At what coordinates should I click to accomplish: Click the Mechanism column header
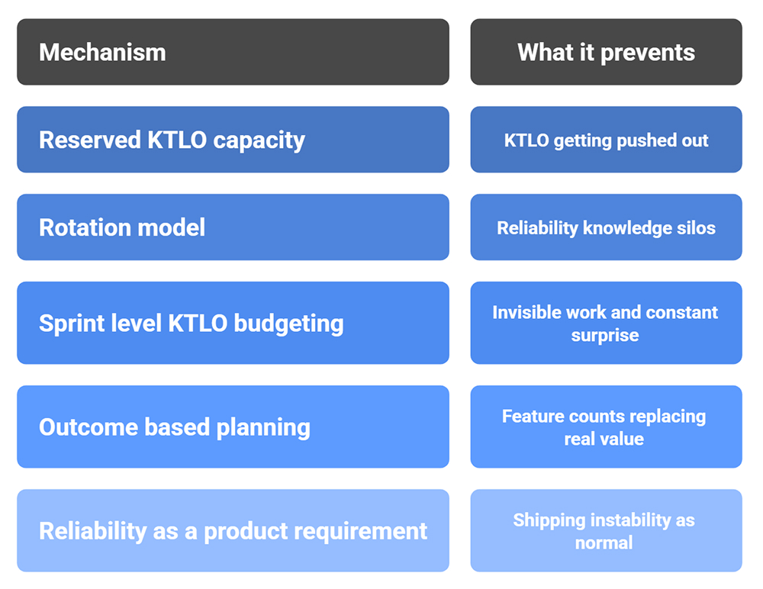(233, 52)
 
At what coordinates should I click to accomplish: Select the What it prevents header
(606, 52)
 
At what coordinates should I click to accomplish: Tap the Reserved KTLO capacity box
(233, 140)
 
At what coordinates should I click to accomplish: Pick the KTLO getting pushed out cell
(606, 140)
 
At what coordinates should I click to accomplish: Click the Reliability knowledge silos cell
(606, 227)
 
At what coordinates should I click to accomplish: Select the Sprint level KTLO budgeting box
(233, 323)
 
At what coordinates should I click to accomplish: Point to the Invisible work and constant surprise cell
(606, 323)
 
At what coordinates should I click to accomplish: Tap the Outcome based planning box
(233, 426)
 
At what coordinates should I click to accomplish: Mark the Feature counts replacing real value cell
(606, 426)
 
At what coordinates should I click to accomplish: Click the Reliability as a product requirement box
(233, 530)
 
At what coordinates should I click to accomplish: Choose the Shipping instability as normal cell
(606, 530)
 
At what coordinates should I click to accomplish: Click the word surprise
(604, 336)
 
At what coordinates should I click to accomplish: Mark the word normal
(604, 543)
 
